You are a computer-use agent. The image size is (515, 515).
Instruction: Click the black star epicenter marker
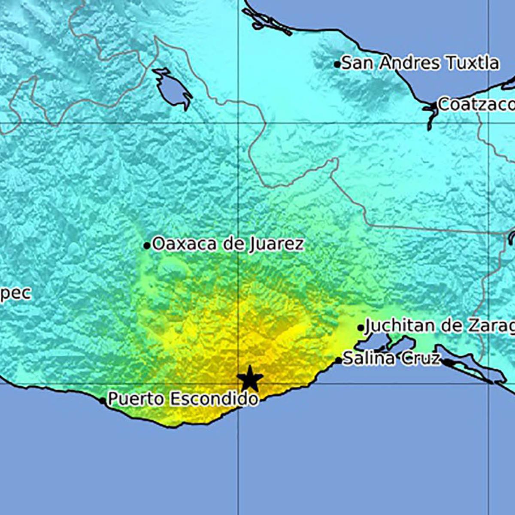(249, 379)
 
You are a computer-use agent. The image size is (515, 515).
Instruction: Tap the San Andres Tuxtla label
(420, 64)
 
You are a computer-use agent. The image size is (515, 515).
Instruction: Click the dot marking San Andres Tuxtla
(337, 64)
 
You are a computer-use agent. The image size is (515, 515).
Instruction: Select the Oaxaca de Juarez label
(228, 244)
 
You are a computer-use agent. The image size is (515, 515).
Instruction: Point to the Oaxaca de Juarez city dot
(147, 246)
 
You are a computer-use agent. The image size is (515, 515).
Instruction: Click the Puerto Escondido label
(183, 399)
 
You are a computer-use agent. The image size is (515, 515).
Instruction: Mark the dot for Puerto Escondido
(102, 400)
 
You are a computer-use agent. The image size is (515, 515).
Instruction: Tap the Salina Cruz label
(392, 358)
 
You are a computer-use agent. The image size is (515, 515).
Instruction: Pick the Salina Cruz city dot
(338, 360)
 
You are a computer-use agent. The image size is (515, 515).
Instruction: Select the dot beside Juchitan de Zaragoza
(361, 328)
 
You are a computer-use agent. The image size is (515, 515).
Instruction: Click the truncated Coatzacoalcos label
(476, 105)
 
